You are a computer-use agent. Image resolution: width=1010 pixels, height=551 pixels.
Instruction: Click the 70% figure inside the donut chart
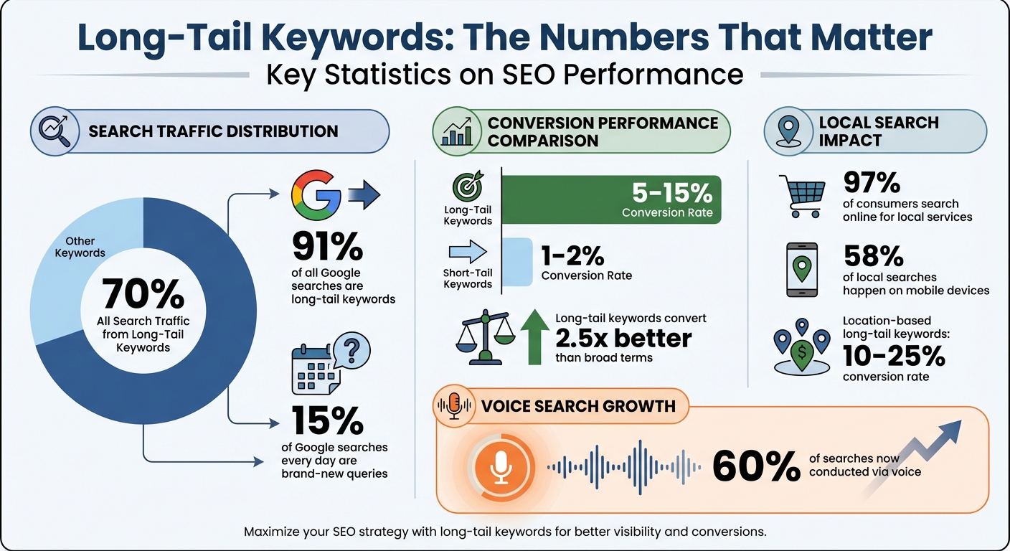(143, 293)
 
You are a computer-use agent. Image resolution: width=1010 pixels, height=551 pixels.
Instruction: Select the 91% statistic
(327, 247)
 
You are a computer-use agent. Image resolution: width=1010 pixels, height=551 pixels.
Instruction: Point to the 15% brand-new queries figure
(327, 421)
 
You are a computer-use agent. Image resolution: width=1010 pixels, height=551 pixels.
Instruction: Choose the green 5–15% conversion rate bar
(610, 199)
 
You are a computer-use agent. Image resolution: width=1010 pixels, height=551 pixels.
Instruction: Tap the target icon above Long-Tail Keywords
(468, 189)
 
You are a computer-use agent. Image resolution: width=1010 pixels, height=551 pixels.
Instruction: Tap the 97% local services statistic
(872, 184)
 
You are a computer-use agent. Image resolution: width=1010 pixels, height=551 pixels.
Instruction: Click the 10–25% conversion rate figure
(894, 356)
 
